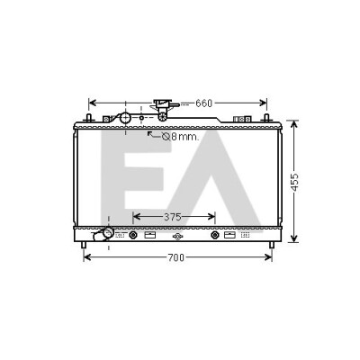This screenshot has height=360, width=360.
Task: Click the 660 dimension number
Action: click(x=203, y=103)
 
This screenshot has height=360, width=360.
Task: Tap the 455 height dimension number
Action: click(x=294, y=182)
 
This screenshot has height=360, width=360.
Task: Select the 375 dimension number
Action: click(x=173, y=217)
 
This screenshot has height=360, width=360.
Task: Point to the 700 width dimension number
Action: click(x=176, y=257)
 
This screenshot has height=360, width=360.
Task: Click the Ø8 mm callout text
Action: click(x=180, y=137)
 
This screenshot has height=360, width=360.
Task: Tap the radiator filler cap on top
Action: click(x=164, y=107)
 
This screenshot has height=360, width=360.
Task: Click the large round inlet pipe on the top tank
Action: click(x=125, y=118)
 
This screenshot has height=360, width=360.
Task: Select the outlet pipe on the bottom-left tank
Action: click(x=103, y=234)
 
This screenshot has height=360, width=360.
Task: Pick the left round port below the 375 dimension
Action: click(x=133, y=235)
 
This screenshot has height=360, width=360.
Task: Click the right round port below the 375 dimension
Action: click(x=215, y=235)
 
